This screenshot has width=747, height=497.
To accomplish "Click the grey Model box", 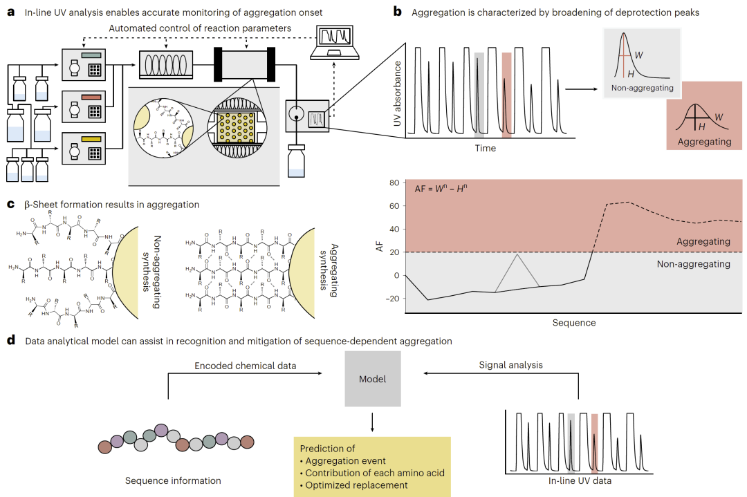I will [372, 378].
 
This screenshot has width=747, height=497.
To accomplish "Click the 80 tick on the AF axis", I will [395, 183].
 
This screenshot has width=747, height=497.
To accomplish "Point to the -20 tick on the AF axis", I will [393, 299].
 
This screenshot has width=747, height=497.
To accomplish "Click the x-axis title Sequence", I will [573, 323].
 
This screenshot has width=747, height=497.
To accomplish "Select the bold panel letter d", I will [10, 340].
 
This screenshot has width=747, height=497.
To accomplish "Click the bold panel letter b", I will [396, 12].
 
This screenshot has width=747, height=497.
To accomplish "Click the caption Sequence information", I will [173, 480].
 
